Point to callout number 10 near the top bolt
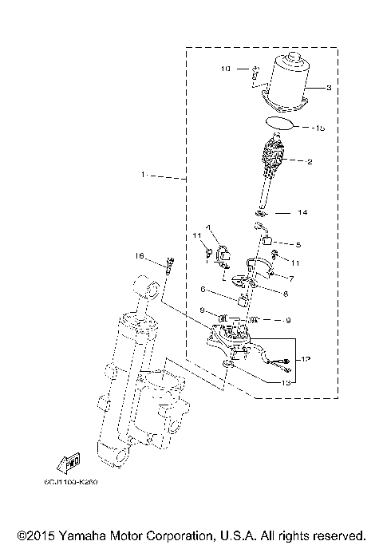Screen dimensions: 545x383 pyautogui.click(x=226, y=69)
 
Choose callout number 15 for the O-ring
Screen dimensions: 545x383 pyautogui.click(x=320, y=128)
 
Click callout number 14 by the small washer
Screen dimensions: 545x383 pyautogui.click(x=302, y=213)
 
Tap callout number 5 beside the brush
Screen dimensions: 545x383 pyautogui.click(x=298, y=244)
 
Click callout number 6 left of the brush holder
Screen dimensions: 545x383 pyautogui.click(x=203, y=289)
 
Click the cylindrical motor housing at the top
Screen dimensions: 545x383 pyautogui.click(x=293, y=84)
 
